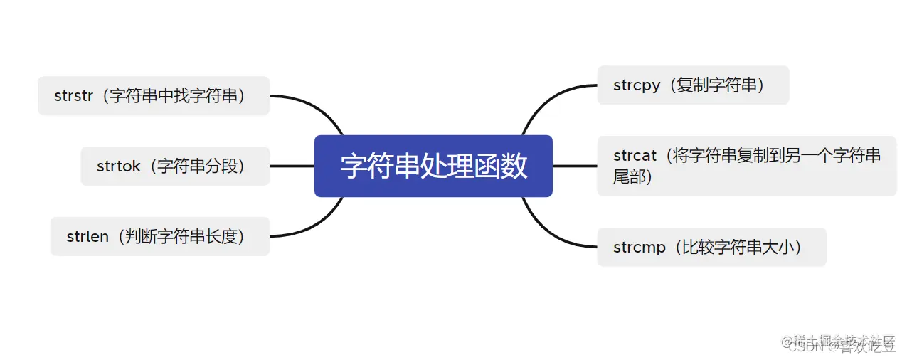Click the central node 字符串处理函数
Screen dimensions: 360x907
point(433,166)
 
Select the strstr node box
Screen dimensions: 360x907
point(154,95)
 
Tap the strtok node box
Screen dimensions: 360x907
point(175,166)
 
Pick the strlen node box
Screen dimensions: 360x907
point(160,236)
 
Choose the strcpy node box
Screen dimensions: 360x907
point(692,85)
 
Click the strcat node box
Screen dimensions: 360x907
point(746,166)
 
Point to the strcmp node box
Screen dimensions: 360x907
point(711,247)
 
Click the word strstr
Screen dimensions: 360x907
point(73,96)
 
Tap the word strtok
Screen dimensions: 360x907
point(119,166)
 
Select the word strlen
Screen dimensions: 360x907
point(87,237)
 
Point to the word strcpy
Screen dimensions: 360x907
point(637,85)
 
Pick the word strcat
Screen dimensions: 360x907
point(636,155)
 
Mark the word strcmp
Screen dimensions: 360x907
point(640,248)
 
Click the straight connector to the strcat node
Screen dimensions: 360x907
point(574,166)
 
